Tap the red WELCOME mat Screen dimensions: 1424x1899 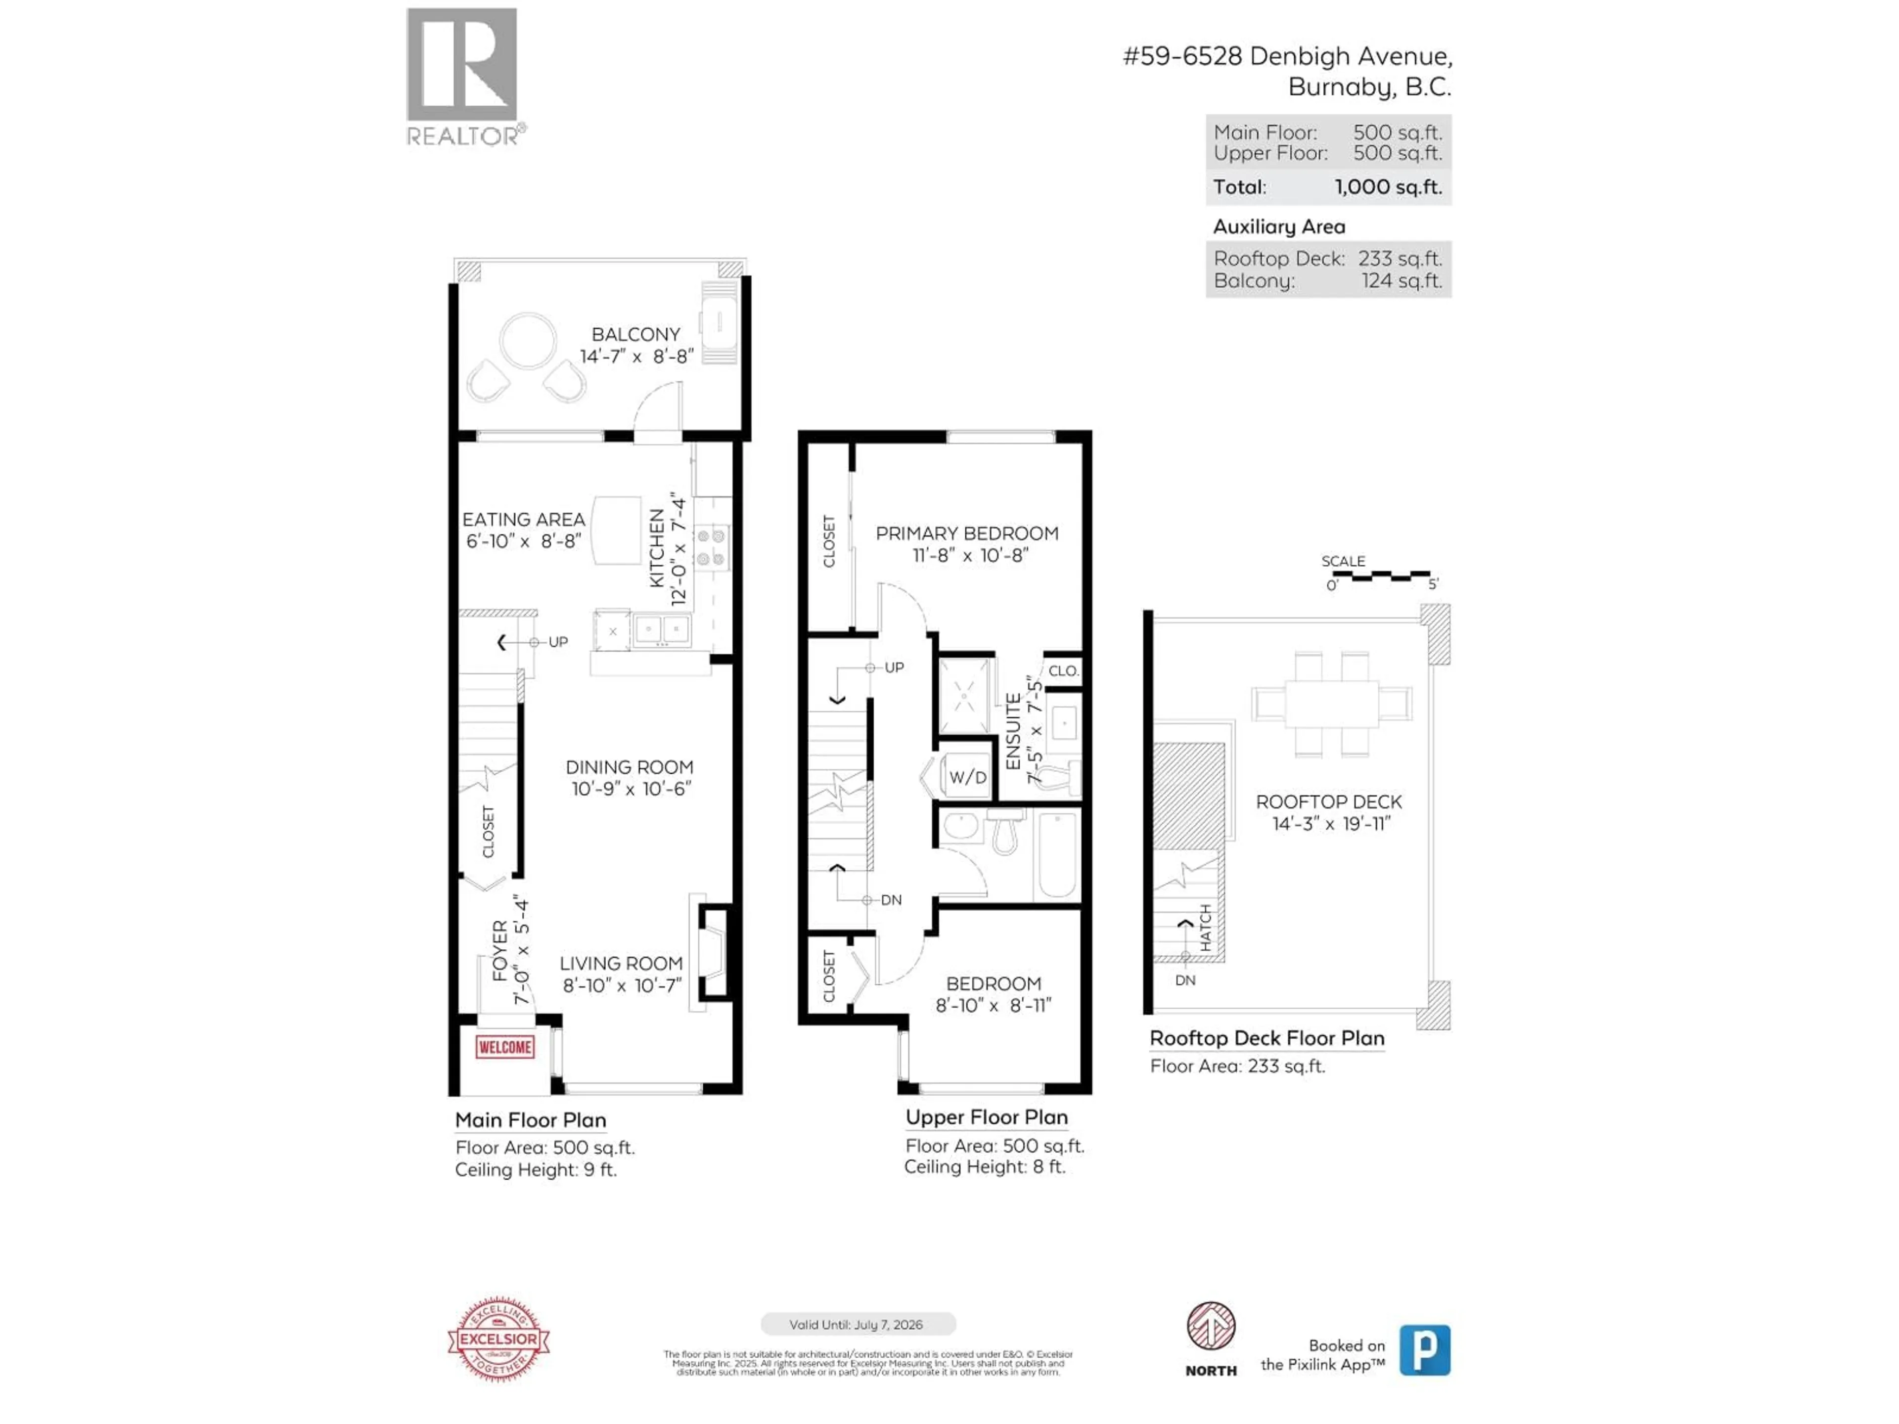505,1047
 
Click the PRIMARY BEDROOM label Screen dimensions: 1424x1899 967,533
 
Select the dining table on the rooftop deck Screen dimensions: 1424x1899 1332,704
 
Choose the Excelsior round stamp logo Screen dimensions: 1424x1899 499,1339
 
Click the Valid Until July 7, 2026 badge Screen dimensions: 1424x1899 858,1325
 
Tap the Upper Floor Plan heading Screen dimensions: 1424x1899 987,1117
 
